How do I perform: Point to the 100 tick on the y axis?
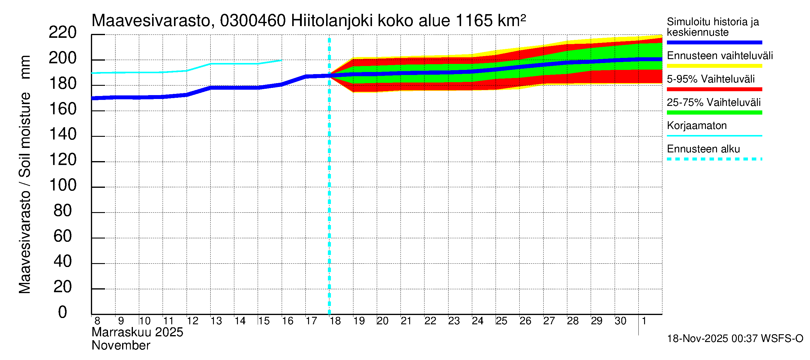63,185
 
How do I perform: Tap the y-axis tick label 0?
63,312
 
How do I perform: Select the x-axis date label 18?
335,321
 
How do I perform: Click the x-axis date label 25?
502,321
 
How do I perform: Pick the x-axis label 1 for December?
644,321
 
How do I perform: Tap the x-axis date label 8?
97,321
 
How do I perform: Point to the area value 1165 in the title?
473,21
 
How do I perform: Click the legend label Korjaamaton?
697,126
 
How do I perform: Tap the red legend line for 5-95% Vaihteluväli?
714,89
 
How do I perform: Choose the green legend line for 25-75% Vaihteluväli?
714,112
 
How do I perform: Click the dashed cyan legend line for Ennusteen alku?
714,159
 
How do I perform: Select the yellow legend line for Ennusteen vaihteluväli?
714,66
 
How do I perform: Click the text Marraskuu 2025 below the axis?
137,332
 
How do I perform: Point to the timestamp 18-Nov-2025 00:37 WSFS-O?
735,339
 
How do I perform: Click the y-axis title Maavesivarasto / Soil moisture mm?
25,175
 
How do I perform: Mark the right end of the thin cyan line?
281,60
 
